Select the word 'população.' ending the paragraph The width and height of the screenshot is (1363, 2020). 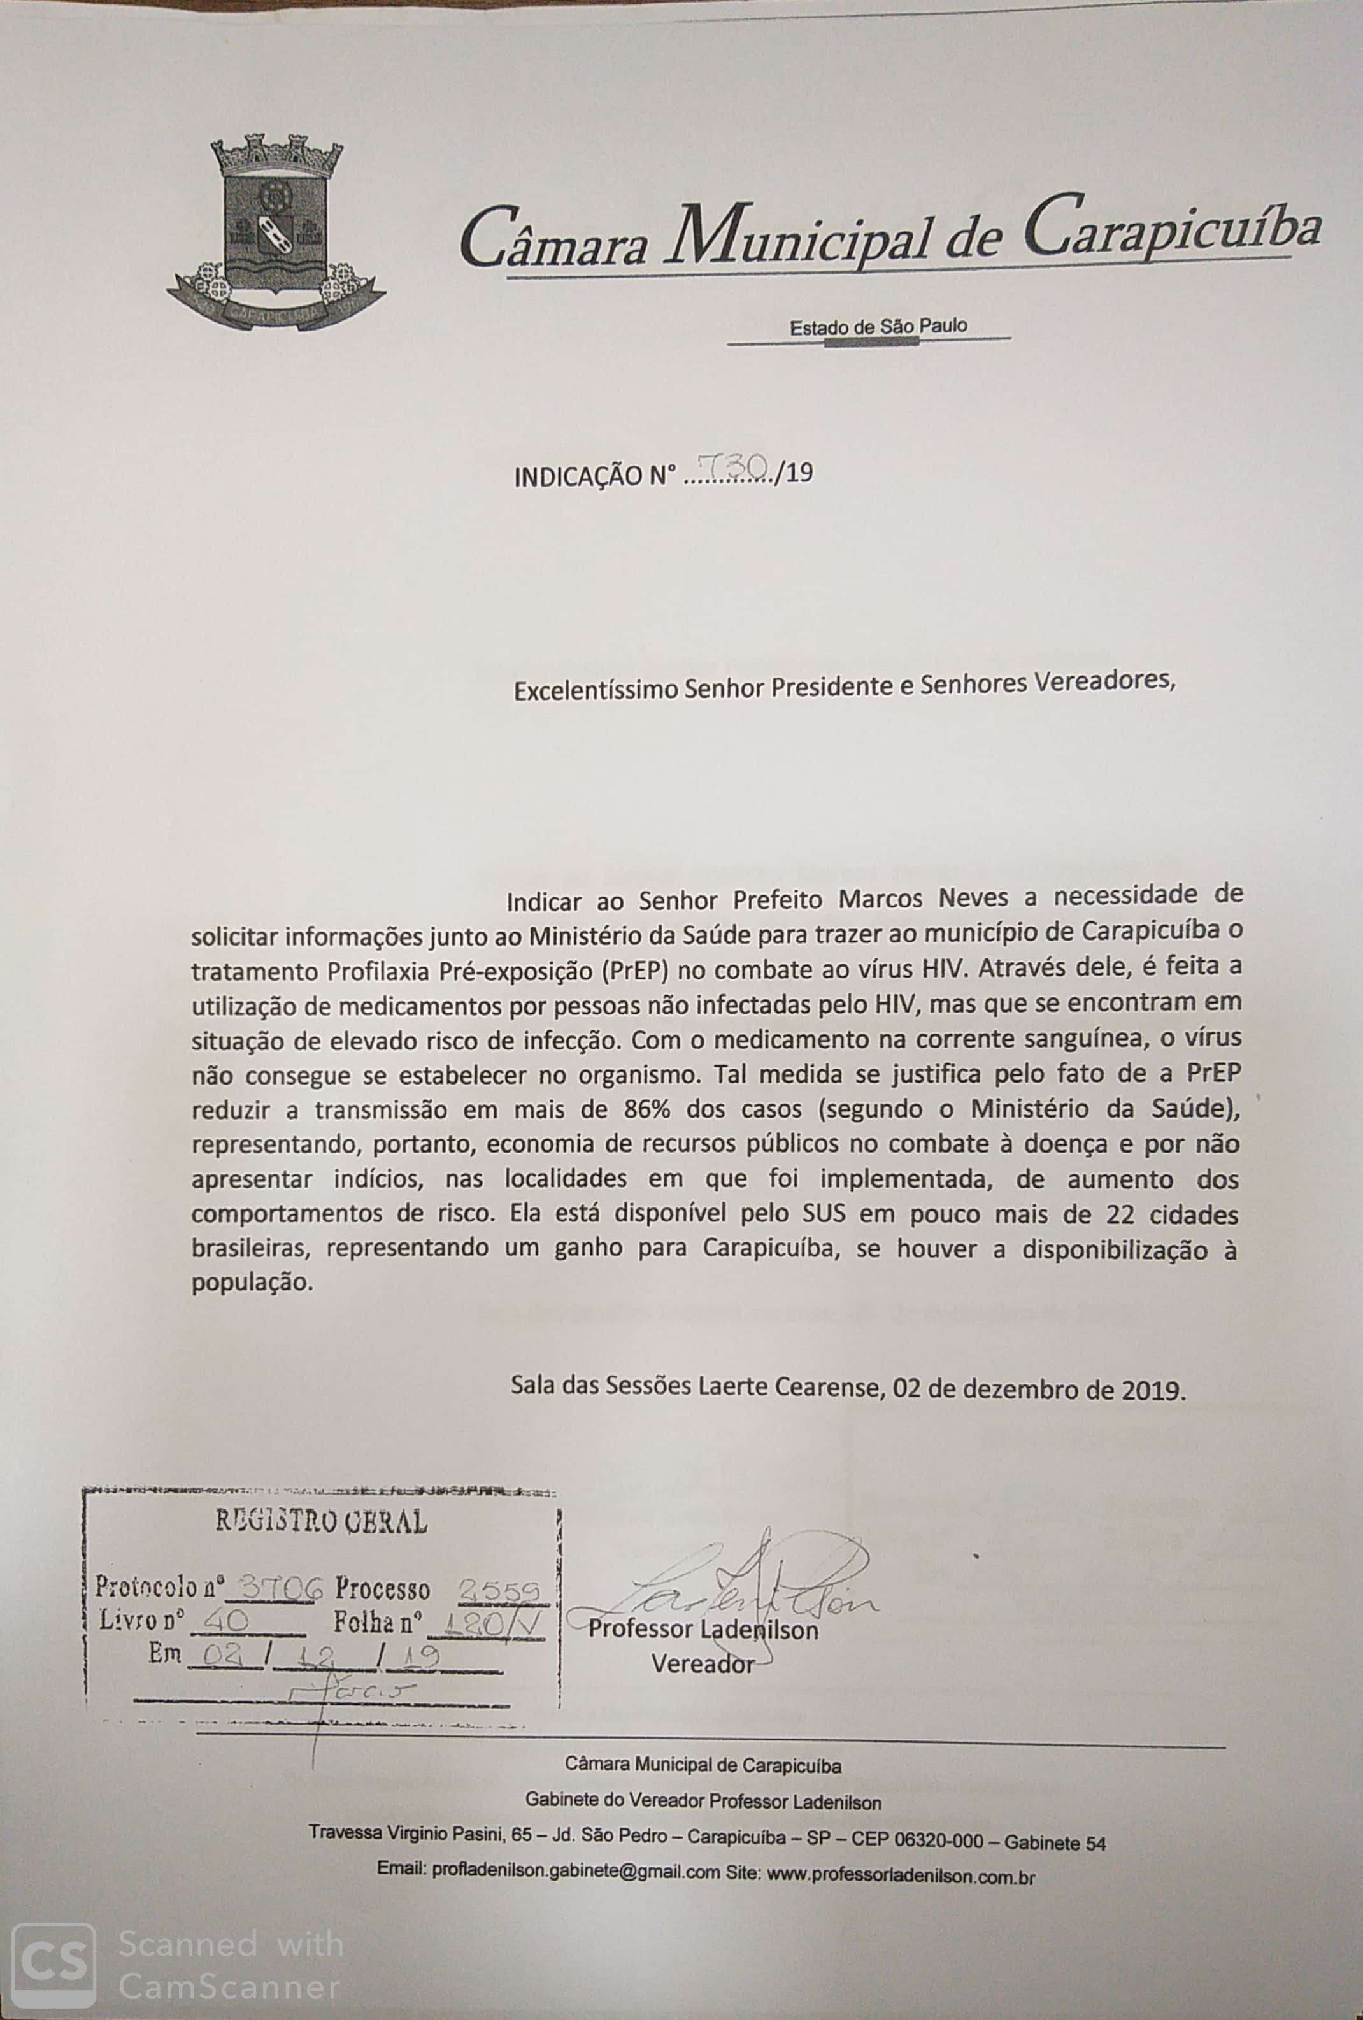252,1284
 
